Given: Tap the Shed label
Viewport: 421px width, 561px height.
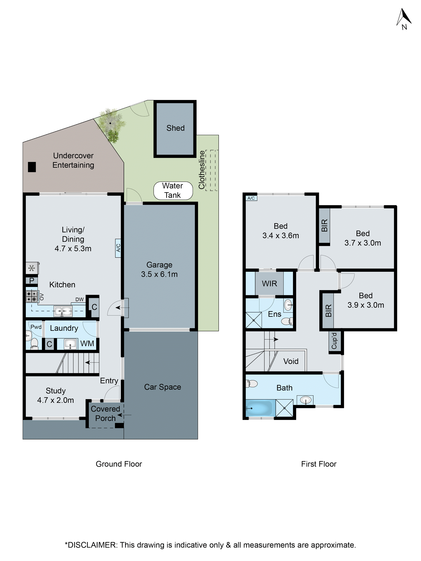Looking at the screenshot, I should (x=175, y=128).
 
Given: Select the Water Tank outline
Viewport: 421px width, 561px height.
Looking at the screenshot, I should (x=173, y=191).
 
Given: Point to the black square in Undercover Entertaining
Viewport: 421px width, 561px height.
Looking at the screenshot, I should (x=32, y=167).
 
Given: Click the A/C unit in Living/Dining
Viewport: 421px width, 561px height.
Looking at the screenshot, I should (x=118, y=248).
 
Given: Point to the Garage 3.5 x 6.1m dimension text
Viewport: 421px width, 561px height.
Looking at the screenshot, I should (x=159, y=274).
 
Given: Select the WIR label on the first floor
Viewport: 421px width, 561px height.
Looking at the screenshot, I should (x=269, y=284).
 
